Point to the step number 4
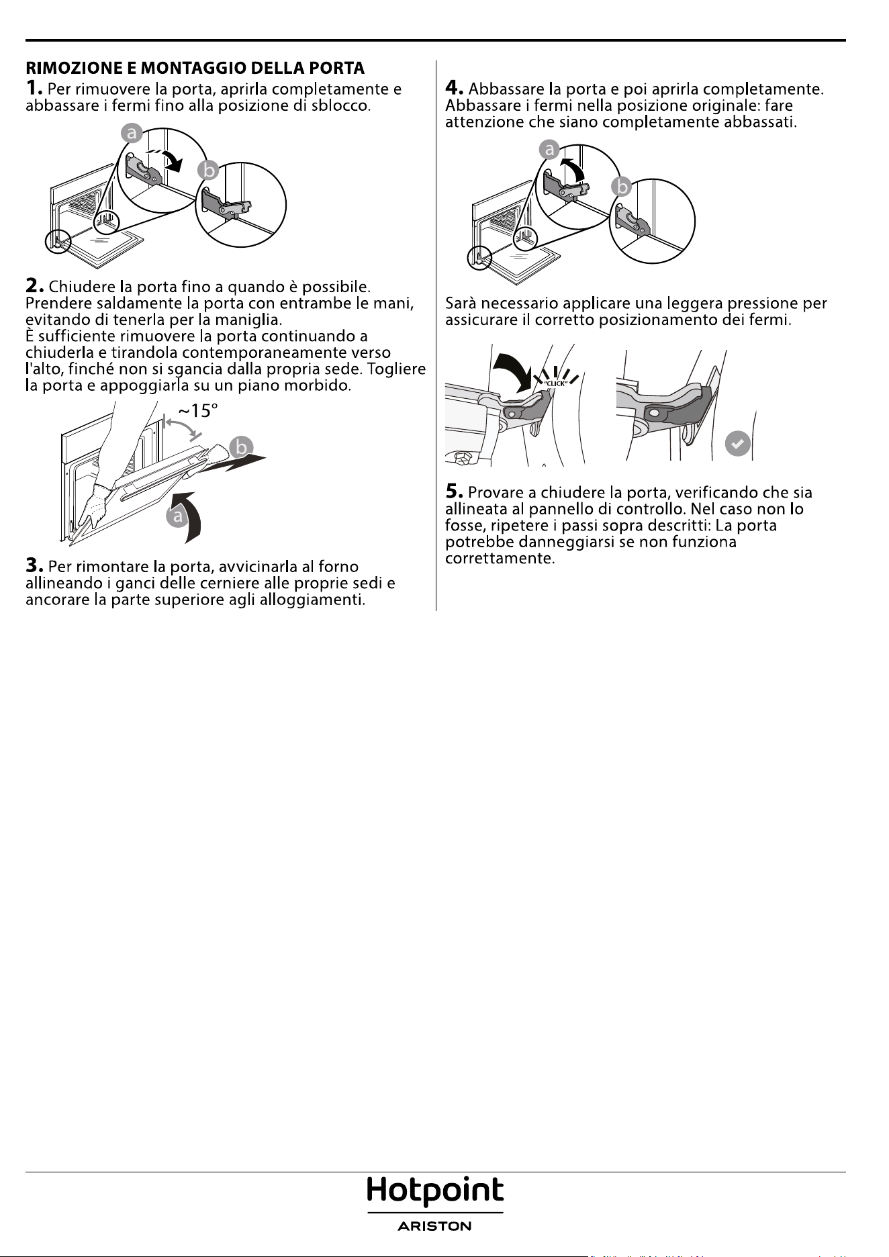point(455,88)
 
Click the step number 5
point(455,492)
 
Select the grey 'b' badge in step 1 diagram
point(209,171)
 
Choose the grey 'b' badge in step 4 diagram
point(623,186)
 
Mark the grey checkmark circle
point(737,444)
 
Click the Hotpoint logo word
point(435,1191)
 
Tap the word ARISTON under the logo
point(435,1226)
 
